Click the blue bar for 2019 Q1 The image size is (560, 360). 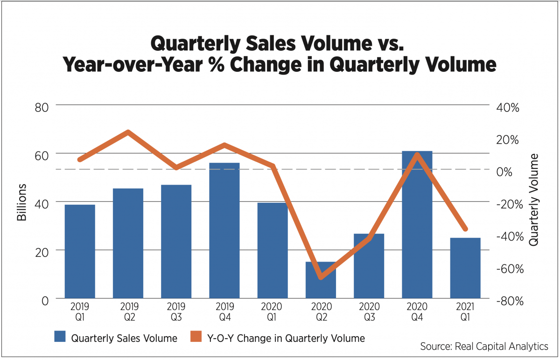click(x=80, y=251)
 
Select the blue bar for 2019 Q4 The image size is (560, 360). click(x=224, y=230)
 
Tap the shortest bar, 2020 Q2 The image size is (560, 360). click(x=321, y=280)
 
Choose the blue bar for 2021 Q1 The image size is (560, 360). click(x=465, y=268)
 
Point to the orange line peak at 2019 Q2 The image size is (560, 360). click(x=128, y=132)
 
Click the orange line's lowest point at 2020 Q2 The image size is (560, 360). click(x=321, y=278)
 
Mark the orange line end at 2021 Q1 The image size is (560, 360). click(x=465, y=229)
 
